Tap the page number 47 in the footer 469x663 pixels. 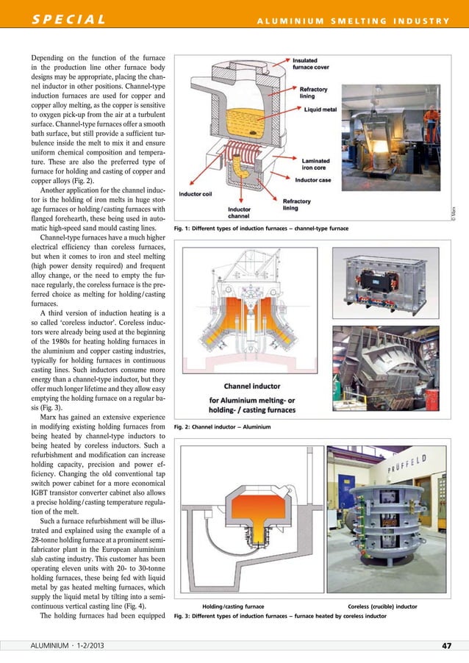pyautogui.click(x=446, y=645)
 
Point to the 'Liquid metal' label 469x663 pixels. pyautogui.click(x=321, y=110)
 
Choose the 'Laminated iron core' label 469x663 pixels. pyautogui.click(x=315, y=163)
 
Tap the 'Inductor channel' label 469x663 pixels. pyautogui.click(x=238, y=212)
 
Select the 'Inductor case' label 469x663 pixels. pyautogui.click(x=316, y=179)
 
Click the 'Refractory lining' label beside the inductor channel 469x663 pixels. pyautogui.click(x=296, y=204)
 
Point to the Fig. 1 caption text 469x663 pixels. pyautogui.click(x=259, y=229)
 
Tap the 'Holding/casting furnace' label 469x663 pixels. pyautogui.click(x=233, y=606)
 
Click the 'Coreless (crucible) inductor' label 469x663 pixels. pyautogui.click(x=382, y=606)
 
